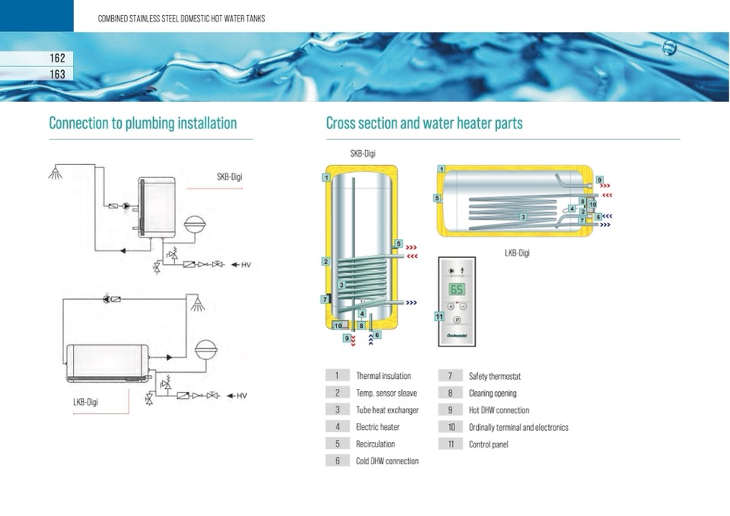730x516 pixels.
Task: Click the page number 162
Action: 57,58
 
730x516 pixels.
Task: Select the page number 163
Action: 57,74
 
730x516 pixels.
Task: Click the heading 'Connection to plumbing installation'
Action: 143,123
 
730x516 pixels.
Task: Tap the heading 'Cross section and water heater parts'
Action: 424,123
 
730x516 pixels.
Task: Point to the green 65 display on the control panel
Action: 457,289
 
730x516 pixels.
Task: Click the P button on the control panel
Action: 457,320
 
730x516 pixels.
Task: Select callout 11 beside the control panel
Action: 439,317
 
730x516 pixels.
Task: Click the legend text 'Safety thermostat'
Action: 495,376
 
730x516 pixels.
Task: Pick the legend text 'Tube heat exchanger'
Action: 387,410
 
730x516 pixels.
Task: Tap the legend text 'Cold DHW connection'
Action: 387,461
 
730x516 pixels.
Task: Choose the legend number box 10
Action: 451,427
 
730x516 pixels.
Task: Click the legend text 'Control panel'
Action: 489,444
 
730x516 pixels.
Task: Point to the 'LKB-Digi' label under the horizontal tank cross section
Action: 517,253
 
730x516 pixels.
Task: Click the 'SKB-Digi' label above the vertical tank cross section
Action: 362,154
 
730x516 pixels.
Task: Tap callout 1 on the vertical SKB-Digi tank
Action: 327,177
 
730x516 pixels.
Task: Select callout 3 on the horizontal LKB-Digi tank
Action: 523,218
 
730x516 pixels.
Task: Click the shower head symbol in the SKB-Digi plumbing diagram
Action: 56,172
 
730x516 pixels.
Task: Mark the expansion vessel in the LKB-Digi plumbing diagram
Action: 206,350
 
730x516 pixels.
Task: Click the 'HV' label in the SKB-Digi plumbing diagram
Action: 246,265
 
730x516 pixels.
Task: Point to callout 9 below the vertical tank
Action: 347,338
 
